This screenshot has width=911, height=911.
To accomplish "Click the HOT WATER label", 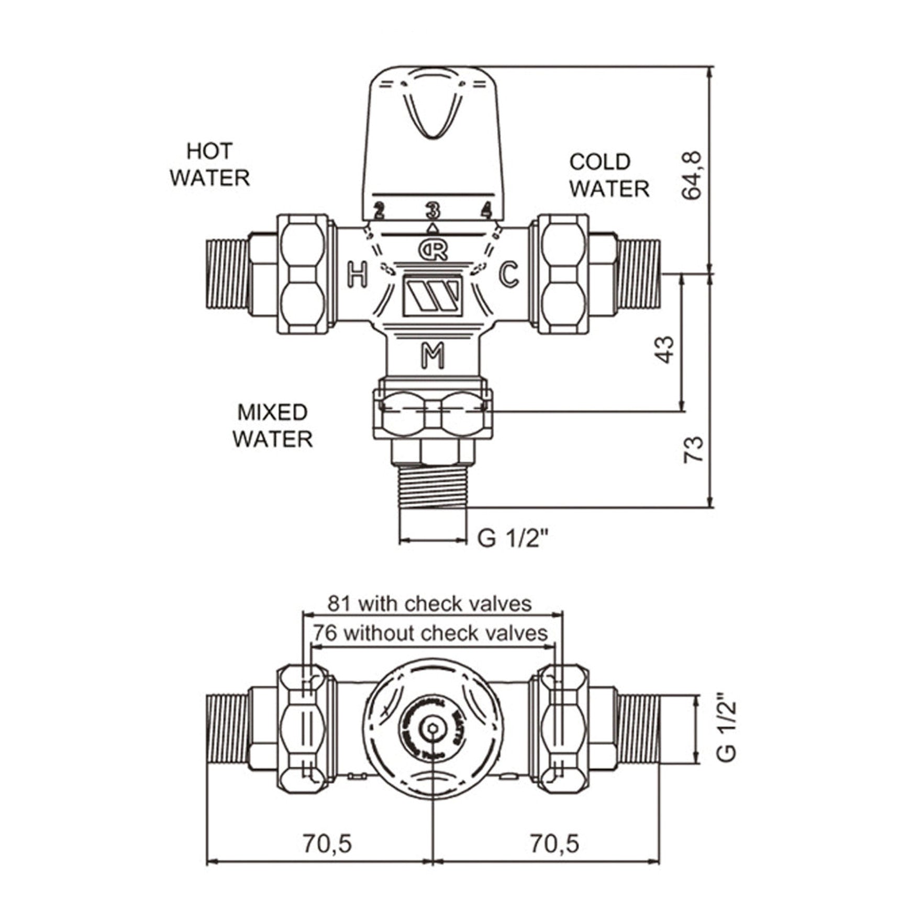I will [209, 164].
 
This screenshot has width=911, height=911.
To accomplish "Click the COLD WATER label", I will [609, 175].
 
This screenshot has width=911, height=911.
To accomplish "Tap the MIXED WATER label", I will [272, 426].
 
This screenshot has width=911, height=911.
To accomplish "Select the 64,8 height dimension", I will [691, 175].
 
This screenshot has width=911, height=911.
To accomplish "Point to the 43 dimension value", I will [664, 349].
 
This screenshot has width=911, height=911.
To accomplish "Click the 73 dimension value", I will [693, 449].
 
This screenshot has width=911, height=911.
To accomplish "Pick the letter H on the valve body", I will [358, 275].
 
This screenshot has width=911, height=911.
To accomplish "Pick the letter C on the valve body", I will [508, 274].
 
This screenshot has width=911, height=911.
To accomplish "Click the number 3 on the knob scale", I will [433, 211].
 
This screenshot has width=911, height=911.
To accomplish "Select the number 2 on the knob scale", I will [379, 212].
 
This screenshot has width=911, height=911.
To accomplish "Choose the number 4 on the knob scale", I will [487, 211].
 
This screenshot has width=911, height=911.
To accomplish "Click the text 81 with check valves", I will [429, 604].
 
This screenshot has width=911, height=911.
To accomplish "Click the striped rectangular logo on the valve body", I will [432, 296].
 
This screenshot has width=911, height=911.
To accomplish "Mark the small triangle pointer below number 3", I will [433, 228].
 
